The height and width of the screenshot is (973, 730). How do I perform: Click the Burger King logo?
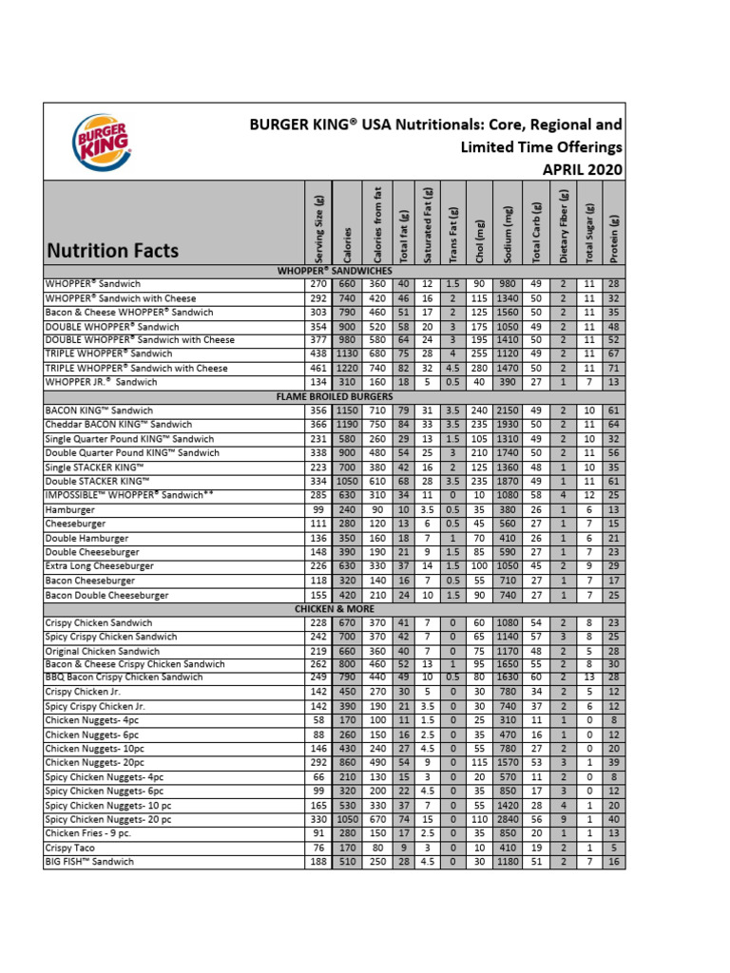click(x=101, y=142)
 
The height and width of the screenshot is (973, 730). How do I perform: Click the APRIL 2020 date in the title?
click(x=582, y=170)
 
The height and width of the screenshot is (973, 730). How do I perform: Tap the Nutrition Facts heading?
click(x=111, y=251)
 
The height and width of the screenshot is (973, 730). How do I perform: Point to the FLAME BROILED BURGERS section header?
click(x=335, y=394)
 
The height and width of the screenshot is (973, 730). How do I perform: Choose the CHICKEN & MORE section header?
click(x=335, y=608)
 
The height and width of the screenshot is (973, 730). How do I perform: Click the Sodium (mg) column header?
click(x=509, y=225)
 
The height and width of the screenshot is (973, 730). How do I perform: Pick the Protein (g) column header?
click(x=615, y=225)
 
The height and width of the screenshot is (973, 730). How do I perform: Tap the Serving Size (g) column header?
click(x=317, y=225)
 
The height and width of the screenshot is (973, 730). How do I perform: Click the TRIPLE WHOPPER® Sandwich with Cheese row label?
click(x=136, y=368)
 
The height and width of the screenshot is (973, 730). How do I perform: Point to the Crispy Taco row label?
click(x=72, y=848)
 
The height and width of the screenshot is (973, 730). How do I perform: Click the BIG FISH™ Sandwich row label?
click(x=89, y=862)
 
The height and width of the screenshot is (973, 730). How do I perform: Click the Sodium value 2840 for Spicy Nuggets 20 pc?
click(x=509, y=819)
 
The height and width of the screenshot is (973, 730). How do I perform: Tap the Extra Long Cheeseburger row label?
click(x=100, y=566)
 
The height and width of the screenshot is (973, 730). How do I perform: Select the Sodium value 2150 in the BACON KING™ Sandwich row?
click(x=509, y=410)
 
